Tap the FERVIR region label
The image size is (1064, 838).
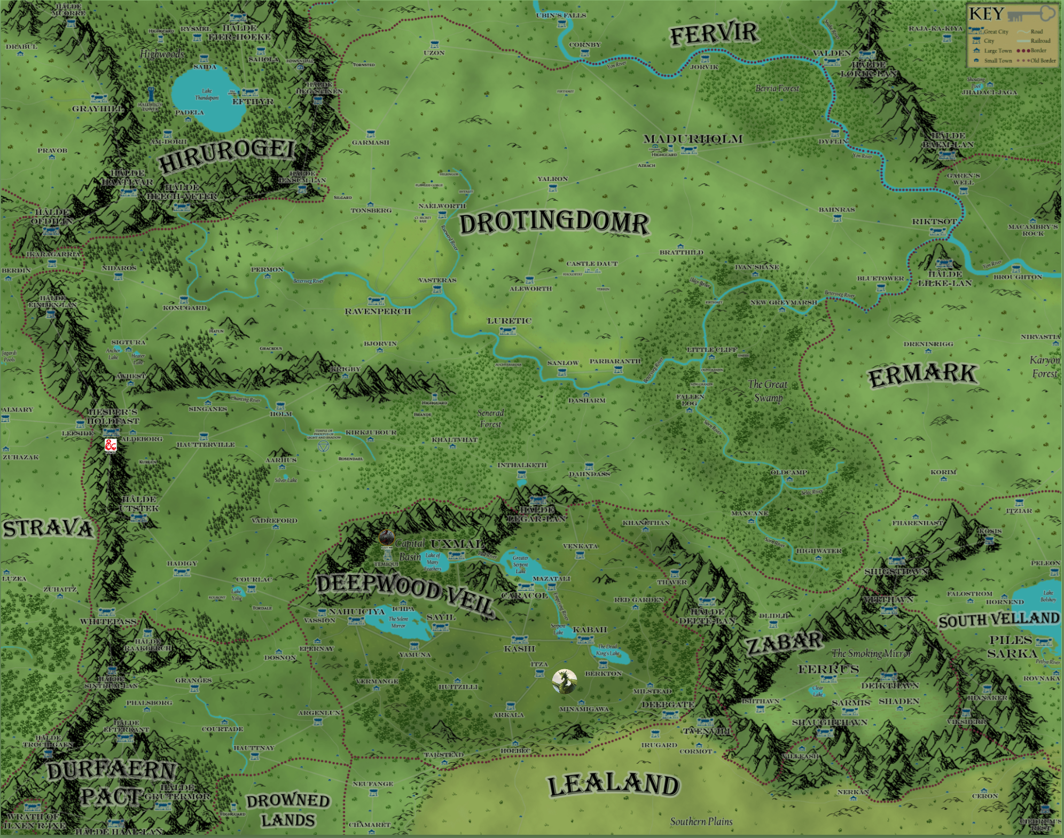point(714,34)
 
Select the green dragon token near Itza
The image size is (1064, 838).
point(565,682)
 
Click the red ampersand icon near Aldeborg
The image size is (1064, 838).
point(111,445)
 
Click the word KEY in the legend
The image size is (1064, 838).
point(986,14)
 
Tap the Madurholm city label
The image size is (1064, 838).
point(693,139)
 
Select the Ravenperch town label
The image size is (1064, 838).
point(378,311)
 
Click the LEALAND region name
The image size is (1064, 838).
point(613,785)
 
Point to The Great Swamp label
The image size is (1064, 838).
point(768,390)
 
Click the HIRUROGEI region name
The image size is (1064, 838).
point(226,155)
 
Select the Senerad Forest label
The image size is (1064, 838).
point(490,418)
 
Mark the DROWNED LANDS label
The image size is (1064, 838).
point(288,810)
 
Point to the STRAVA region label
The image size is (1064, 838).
point(48,529)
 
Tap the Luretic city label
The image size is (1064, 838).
point(509,321)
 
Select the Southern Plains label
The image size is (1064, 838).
point(701,821)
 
